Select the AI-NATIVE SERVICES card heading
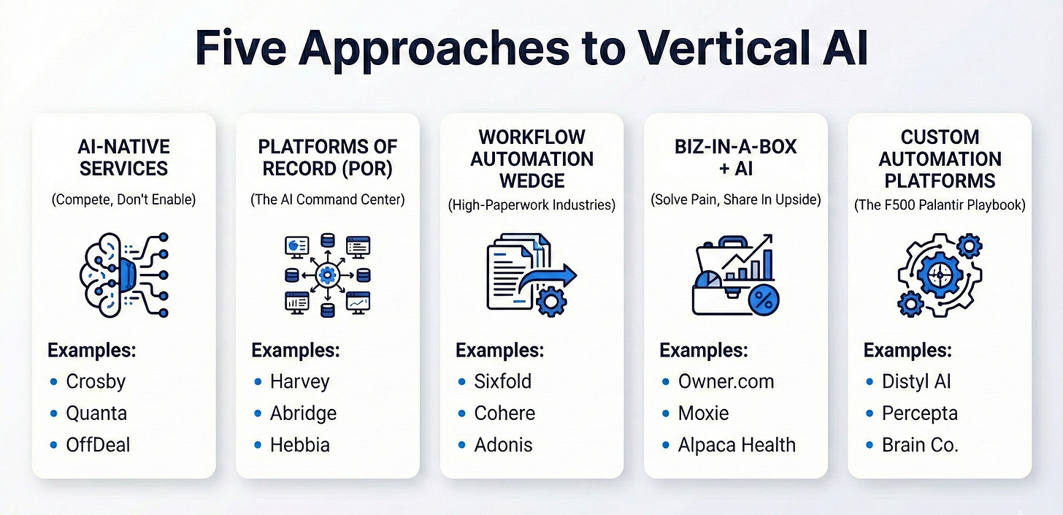[x=123, y=157]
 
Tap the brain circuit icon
[x=123, y=275]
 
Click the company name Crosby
[x=96, y=381]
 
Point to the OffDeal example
[x=97, y=445]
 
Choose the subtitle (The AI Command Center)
[x=327, y=199]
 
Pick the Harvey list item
[x=299, y=381]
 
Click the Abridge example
[x=303, y=413]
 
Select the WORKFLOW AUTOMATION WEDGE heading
[x=531, y=159]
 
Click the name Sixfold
[x=503, y=381]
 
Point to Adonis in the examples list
[x=504, y=445]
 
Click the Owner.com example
[x=726, y=381]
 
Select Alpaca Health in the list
[x=737, y=445]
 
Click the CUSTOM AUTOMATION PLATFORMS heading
[x=940, y=159]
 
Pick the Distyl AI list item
[x=916, y=381]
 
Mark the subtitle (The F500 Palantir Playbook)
[x=940, y=206]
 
